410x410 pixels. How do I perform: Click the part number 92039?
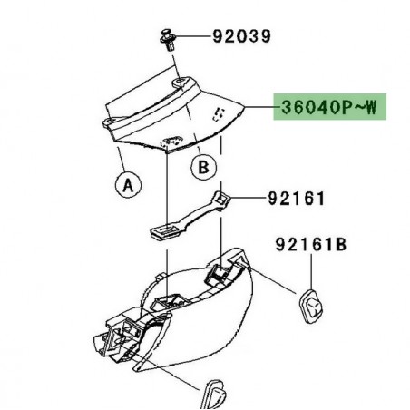tap(241, 37)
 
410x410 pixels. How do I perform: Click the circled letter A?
tap(129, 184)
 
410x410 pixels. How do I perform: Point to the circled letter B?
tap(205, 168)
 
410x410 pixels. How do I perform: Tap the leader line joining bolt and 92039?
tap(193, 38)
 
